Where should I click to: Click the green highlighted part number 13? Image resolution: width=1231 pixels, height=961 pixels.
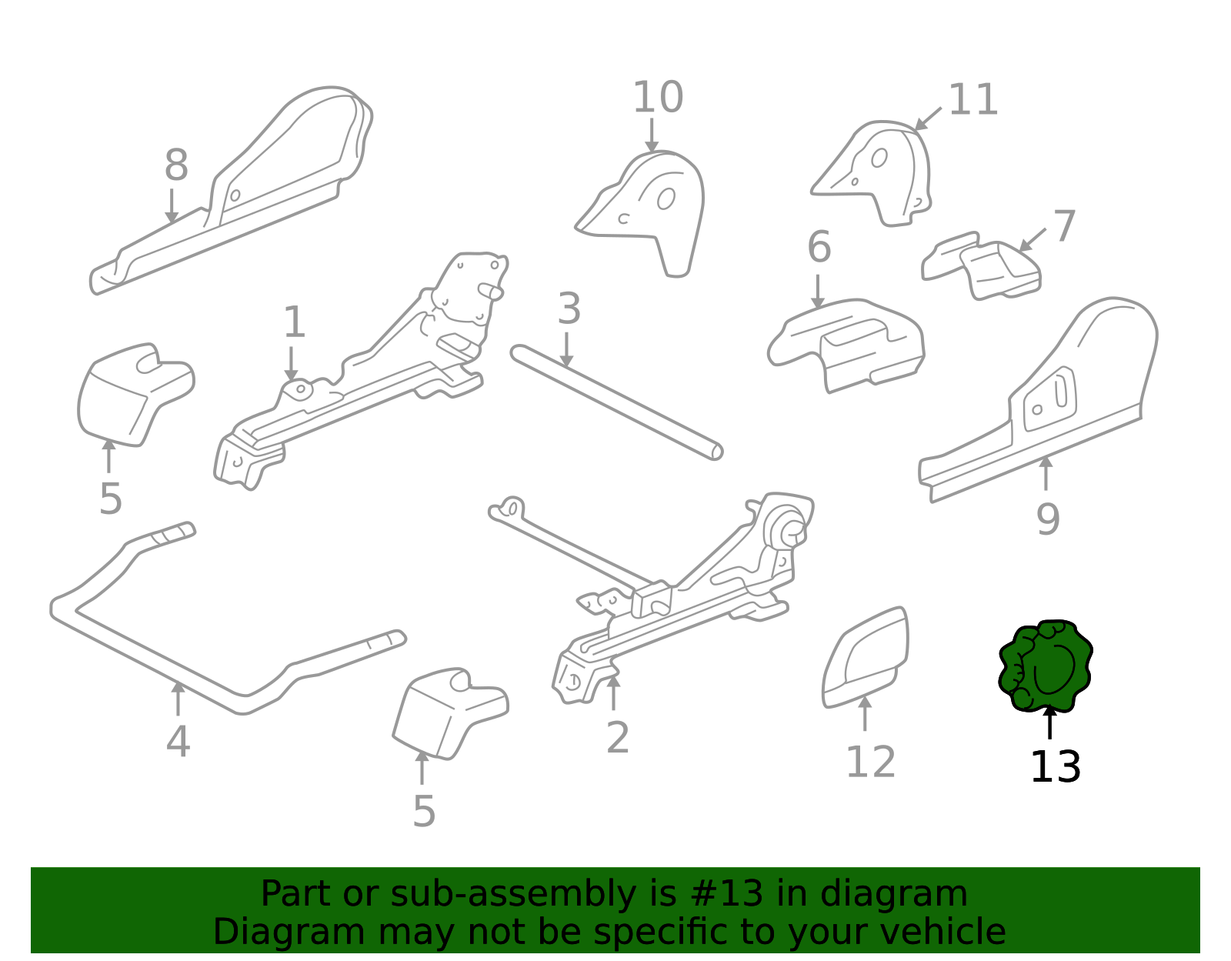click(x=1045, y=666)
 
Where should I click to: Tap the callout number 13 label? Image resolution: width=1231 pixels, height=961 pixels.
click(x=1055, y=767)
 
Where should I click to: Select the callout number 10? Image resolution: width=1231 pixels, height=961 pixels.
click(x=658, y=98)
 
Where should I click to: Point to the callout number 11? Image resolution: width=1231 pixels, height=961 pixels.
click(x=972, y=100)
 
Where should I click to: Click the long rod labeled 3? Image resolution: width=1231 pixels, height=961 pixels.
click(x=616, y=402)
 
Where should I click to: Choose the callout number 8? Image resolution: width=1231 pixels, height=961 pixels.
click(x=176, y=165)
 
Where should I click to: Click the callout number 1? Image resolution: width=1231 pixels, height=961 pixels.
click(x=294, y=322)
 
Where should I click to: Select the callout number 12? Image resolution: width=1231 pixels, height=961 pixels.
click(x=870, y=762)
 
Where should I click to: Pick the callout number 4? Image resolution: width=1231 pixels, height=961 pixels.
click(x=178, y=741)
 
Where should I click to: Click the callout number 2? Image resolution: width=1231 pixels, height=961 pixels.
click(x=618, y=738)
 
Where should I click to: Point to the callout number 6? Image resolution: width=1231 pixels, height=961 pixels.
click(x=819, y=247)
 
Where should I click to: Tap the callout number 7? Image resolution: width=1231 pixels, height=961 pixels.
click(x=1065, y=226)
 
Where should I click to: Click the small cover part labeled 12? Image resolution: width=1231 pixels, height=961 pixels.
click(x=864, y=658)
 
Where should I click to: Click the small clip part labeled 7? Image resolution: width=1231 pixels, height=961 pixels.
click(x=981, y=265)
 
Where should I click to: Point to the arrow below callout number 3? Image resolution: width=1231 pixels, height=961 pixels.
click(x=566, y=349)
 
